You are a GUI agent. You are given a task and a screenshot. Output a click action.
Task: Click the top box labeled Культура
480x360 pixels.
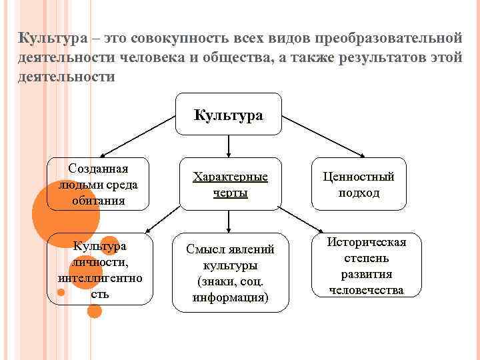[229, 115]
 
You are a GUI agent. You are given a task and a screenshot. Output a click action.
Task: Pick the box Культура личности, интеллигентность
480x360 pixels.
[100, 269]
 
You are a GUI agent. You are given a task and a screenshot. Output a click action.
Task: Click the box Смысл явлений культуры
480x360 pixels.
[230, 272]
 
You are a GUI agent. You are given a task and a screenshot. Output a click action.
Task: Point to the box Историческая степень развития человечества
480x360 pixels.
[366, 265]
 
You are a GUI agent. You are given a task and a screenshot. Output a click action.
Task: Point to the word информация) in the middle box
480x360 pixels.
[230, 297]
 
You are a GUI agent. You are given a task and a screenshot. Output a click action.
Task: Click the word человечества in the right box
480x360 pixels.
[366, 290]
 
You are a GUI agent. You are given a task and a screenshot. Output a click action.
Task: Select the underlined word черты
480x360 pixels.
[230, 193]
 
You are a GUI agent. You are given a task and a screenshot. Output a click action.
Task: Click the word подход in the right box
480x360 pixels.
[358, 193]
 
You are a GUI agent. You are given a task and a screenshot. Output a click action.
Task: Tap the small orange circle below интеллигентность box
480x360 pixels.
[95, 311]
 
